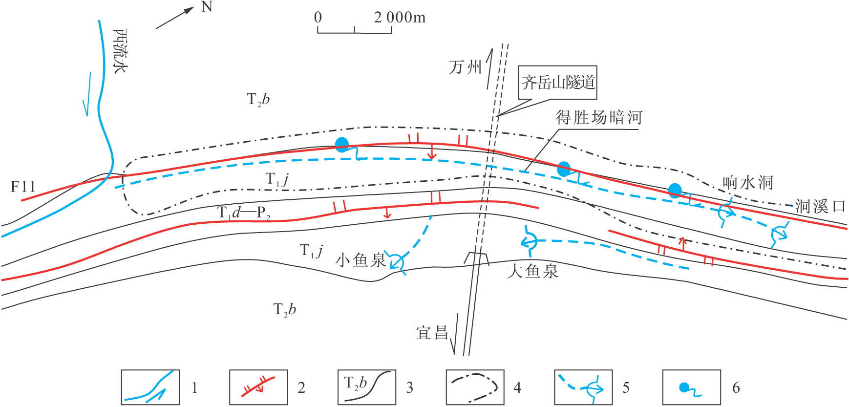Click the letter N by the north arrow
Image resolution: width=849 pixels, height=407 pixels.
[x=207, y=7]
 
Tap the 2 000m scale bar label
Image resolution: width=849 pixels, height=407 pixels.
[x=400, y=18]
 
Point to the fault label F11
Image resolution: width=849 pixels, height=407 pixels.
[x=23, y=186]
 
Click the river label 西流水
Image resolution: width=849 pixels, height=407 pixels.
[x=120, y=51]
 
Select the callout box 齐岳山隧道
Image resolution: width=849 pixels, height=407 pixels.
[x=558, y=82]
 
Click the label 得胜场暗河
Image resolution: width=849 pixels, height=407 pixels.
[x=599, y=118]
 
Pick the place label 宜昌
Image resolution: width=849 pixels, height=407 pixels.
[x=432, y=333]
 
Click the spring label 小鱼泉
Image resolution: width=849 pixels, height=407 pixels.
[x=361, y=260]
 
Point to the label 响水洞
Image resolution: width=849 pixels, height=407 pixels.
[x=748, y=183]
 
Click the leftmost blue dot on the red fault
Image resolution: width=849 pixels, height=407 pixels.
[x=342, y=144]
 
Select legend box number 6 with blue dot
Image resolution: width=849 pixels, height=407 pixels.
[x=691, y=387]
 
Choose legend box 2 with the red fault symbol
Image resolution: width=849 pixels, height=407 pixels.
[x=258, y=387]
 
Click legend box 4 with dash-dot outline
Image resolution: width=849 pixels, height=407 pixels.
[x=475, y=387]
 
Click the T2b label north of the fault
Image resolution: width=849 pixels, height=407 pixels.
[x=258, y=100]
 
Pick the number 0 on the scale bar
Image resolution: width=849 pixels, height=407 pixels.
[x=318, y=18]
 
